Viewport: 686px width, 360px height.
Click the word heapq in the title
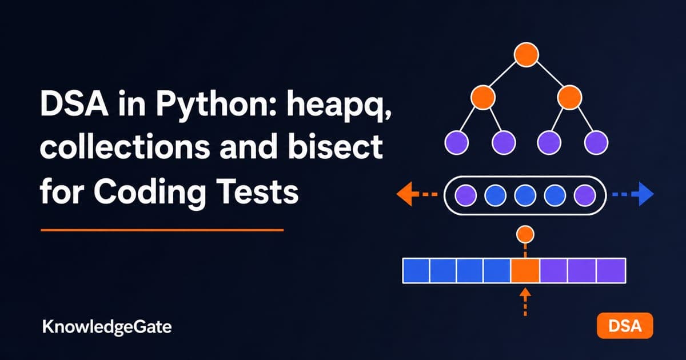tap(338, 105)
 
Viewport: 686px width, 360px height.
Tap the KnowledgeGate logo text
tap(107, 327)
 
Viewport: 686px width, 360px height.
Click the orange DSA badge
tap(625, 326)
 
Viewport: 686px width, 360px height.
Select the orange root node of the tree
tap(526, 54)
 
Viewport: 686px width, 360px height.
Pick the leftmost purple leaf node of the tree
tap(457, 142)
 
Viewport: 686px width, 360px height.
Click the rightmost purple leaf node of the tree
tap(596, 142)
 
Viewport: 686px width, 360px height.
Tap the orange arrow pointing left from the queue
tap(417, 194)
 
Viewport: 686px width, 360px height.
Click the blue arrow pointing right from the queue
tap(633, 194)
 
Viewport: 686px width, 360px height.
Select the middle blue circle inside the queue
tap(525, 195)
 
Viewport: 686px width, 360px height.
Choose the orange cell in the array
tap(525, 271)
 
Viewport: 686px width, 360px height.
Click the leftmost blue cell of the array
tap(416, 271)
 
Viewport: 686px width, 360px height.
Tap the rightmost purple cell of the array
tap(611, 271)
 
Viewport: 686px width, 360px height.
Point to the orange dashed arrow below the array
tap(525, 302)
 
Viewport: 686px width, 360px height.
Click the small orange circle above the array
tap(525, 234)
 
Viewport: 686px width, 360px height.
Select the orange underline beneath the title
tap(162, 230)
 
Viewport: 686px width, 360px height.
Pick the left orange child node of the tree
tap(483, 98)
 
